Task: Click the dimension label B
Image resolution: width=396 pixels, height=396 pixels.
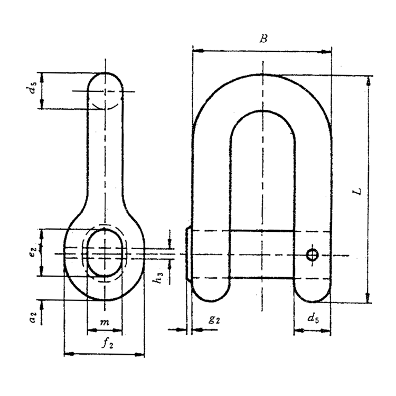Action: [x=262, y=39]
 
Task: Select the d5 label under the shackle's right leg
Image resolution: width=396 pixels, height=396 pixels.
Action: [x=313, y=318]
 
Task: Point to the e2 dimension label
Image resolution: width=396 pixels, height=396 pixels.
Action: [x=33, y=252]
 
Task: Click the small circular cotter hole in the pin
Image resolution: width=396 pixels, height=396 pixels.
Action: [x=312, y=255]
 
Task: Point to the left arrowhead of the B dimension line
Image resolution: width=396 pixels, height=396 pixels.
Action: [x=195, y=51]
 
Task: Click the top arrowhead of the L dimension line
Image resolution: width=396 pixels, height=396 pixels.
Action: [x=369, y=79]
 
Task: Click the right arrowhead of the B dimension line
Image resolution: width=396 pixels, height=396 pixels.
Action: [x=329, y=51]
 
